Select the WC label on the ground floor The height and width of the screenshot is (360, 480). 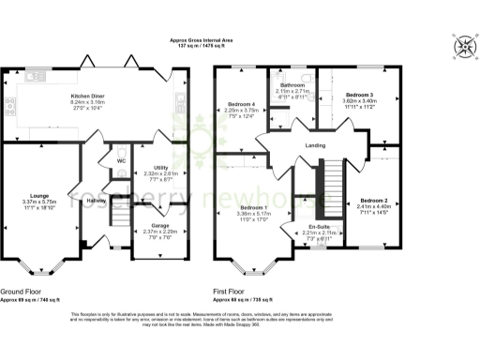(121, 160)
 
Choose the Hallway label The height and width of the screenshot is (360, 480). (97, 200)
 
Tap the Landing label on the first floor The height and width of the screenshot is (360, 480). (316, 146)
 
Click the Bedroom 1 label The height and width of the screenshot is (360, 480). (252, 206)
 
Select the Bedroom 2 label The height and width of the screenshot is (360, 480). (373, 201)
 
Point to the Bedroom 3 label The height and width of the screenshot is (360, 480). (358, 96)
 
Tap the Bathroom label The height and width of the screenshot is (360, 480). (292, 83)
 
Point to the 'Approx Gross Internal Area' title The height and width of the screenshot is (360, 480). (241, 40)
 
